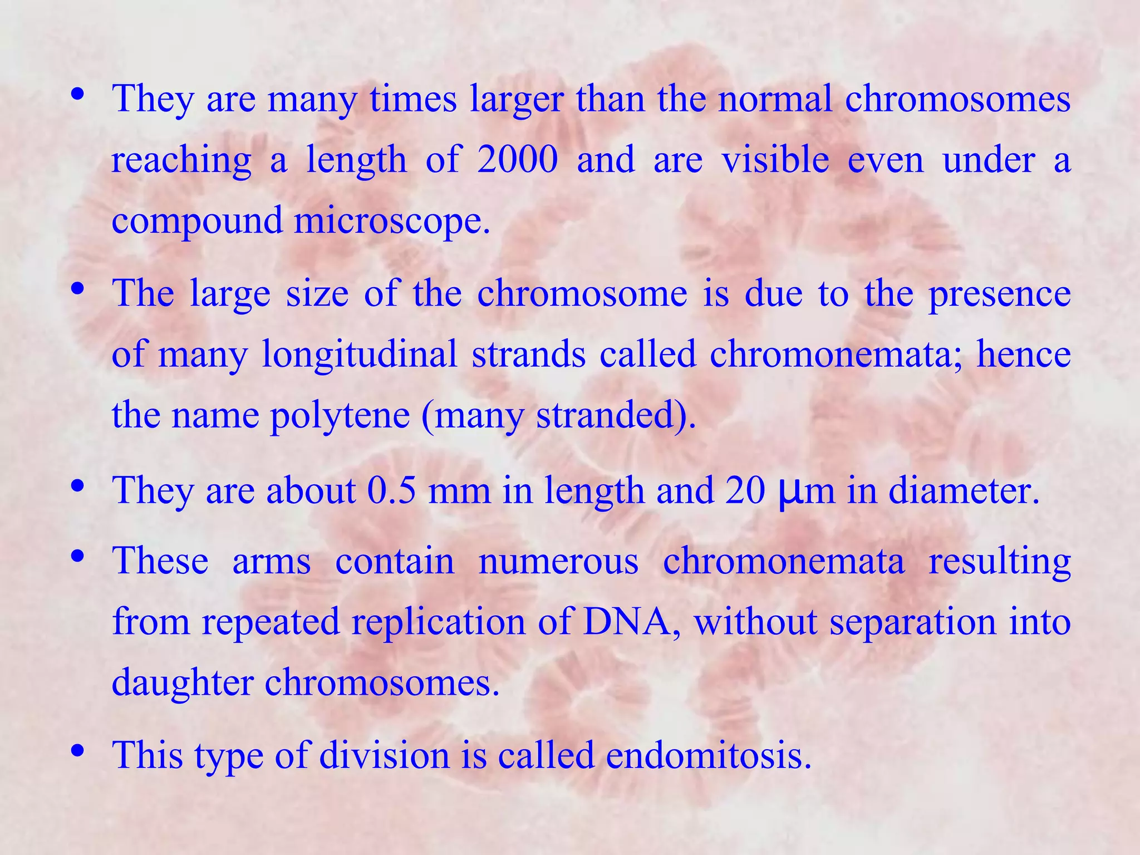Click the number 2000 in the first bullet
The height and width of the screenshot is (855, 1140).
517,159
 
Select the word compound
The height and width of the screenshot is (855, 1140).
198,221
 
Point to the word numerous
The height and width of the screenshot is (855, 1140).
558,561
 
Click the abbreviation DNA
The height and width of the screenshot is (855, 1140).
631,621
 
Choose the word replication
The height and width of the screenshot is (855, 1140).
439,622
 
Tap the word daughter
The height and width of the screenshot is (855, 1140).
183,683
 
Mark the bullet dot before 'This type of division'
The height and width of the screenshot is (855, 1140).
78,751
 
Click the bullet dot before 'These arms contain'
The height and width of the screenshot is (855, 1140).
78,556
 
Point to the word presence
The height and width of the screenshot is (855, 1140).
999,294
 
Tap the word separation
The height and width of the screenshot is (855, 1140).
913,622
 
